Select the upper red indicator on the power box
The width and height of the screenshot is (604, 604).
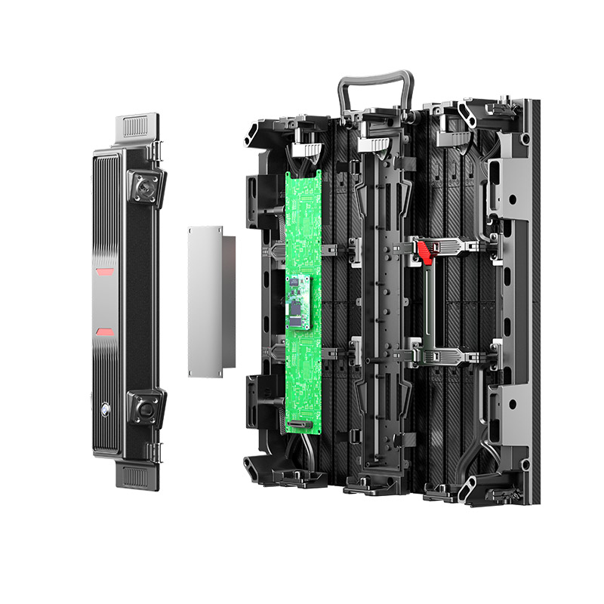click(104, 271)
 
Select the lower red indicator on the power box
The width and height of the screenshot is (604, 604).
click(104, 331)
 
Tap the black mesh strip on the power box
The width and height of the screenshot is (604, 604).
click(137, 302)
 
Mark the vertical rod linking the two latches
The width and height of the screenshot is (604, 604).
click(427, 302)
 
